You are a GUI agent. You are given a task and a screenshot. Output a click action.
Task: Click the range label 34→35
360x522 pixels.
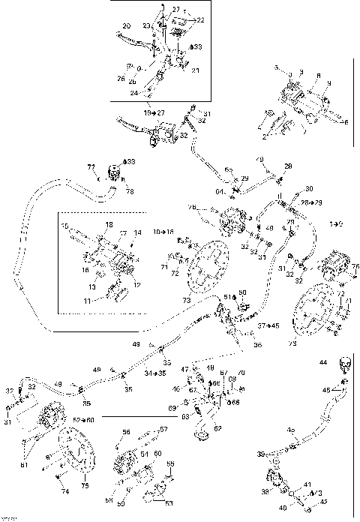click(x=156, y=372)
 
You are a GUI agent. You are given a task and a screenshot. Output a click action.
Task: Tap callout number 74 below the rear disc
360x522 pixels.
click(x=64, y=492)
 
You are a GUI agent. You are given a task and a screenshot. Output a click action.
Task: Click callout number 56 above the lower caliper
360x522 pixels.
click(x=126, y=432)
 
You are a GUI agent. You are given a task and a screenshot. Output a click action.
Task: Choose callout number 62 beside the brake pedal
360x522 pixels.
click(x=219, y=427)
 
